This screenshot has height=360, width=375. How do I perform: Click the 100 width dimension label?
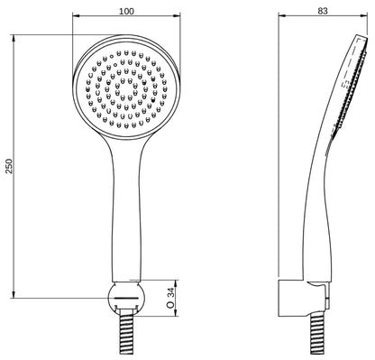click(126, 12)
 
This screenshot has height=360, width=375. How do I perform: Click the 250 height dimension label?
click(10, 166)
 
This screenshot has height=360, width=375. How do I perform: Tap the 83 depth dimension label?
click(323, 11)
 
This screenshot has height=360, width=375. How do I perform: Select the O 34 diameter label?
click(170, 298)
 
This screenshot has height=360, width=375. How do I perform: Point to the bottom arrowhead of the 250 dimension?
click(14, 295)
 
